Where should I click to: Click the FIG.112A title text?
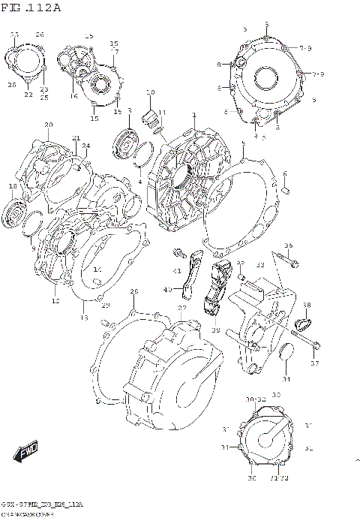31,8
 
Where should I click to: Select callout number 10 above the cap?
150,92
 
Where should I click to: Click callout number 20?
48,125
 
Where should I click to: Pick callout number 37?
315,363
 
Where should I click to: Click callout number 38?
307,304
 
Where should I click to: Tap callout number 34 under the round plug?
286,378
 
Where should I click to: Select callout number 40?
168,289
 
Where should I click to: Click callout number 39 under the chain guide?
215,330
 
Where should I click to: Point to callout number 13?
83,320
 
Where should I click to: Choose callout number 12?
55,301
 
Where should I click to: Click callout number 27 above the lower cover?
181,308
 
